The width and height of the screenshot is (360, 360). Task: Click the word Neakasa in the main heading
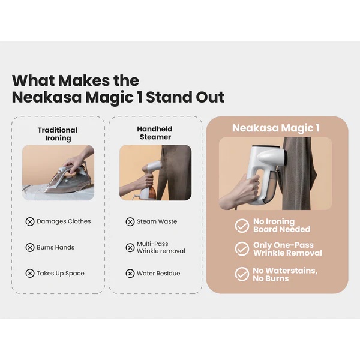point(47,97)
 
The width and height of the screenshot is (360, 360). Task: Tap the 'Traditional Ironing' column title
point(58,134)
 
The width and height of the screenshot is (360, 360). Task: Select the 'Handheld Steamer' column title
point(155,133)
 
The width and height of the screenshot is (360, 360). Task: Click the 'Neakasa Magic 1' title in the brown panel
point(276,128)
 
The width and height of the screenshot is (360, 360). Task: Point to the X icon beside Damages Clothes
point(30,222)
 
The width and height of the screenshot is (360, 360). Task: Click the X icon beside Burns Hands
point(30,247)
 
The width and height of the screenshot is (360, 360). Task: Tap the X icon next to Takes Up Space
point(30,274)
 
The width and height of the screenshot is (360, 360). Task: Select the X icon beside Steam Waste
point(130,222)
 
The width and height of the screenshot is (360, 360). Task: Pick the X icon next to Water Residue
point(130,274)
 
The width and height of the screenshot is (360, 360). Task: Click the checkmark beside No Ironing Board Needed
point(242,226)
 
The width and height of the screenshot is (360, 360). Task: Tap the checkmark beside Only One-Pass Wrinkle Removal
point(242,248)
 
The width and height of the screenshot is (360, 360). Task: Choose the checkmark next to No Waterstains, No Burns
point(242,274)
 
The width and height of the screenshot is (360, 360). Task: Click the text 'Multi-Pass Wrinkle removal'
point(161,247)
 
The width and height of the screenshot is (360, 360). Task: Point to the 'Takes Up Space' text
point(61,274)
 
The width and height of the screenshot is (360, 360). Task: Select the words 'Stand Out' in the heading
point(185,97)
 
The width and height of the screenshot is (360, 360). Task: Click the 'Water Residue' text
point(158,274)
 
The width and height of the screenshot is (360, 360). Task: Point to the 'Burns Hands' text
point(56,247)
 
